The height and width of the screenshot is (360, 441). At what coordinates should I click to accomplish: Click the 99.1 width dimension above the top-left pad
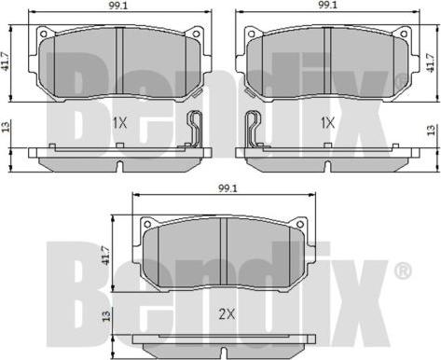[x=118, y=6]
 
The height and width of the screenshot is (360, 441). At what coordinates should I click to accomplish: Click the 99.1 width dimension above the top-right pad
[x=326, y=6]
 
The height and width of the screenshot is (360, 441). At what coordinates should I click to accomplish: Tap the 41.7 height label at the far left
[x=6, y=63]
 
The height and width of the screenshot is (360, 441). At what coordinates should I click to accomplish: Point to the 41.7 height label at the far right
[x=430, y=63]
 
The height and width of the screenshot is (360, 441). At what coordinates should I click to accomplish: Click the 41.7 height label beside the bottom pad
[x=106, y=256]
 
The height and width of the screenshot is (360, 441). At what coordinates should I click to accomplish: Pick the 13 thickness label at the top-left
[x=6, y=126]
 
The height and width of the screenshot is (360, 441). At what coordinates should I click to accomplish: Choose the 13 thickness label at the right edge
[x=430, y=131]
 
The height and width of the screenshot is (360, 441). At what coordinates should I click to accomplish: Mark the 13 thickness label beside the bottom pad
[x=106, y=316]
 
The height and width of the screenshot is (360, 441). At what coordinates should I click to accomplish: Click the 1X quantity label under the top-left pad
[x=119, y=124]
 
